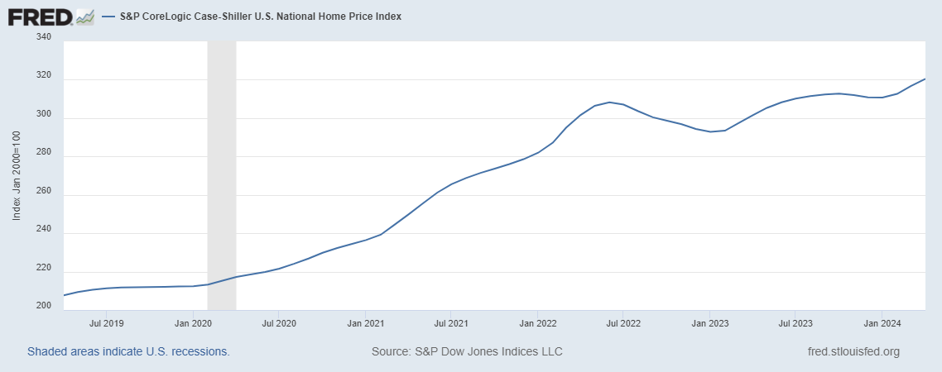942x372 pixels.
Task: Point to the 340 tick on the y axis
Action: click(x=44, y=37)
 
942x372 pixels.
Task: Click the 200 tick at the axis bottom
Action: click(x=44, y=306)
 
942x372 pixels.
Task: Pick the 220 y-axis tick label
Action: click(x=44, y=268)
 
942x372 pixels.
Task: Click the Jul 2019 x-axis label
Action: click(x=106, y=323)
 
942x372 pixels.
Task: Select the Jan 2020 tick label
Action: click(x=192, y=323)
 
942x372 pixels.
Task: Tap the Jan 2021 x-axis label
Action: click(x=365, y=323)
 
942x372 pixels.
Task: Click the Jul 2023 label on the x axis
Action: click(x=795, y=323)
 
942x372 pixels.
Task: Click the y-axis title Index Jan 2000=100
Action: click(x=17, y=176)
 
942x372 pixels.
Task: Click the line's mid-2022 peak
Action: click(x=609, y=103)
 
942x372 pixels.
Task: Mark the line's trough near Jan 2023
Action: click(x=709, y=131)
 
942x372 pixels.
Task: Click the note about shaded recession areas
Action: click(x=128, y=351)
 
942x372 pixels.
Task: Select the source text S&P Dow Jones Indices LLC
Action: click(x=467, y=351)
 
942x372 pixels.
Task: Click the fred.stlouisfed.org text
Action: click(x=853, y=351)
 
